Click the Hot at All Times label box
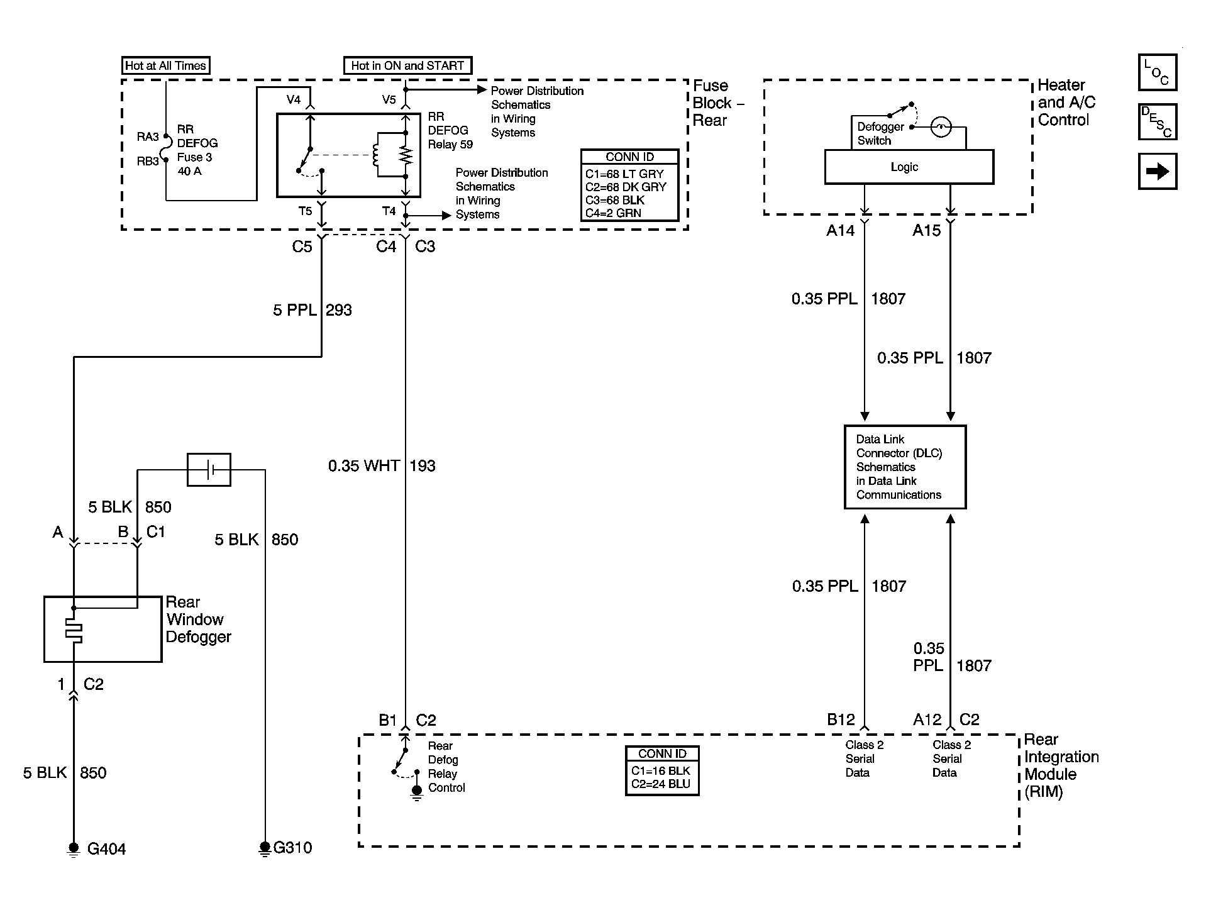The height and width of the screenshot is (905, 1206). (x=165, y=65)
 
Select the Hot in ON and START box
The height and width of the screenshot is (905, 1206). (x=407, y=65)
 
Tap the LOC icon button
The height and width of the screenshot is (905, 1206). (x=1157, y=72)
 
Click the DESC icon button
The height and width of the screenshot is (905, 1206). (x=1157, y=121)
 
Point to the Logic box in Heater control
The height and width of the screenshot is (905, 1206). (x=909, y=167)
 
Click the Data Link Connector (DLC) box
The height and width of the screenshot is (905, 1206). (x=905, y=467)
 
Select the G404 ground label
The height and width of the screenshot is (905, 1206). (x=106, y=849)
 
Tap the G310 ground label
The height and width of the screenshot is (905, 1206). (x=292, y=848)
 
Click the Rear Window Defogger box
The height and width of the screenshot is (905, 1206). (x=102, y=629)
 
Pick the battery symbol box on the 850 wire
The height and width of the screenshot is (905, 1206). (x=209, y=469)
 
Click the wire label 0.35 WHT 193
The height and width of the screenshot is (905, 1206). (x=382, y=466)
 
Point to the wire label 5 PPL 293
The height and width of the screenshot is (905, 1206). (x=313, y=310)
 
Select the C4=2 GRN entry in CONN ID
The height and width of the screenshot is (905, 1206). (x=613, y=213)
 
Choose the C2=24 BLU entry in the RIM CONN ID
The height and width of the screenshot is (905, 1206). (x=661, y=784)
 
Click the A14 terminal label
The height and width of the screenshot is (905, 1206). (x=841, y=231)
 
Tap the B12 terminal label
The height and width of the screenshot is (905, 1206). (x=841, y=719)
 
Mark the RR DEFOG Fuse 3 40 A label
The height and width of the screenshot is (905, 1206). (x=197, y=150)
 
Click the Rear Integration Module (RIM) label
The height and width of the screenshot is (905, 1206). (x=1061, y=765)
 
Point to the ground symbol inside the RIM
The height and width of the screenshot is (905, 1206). (x=416, y=791)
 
